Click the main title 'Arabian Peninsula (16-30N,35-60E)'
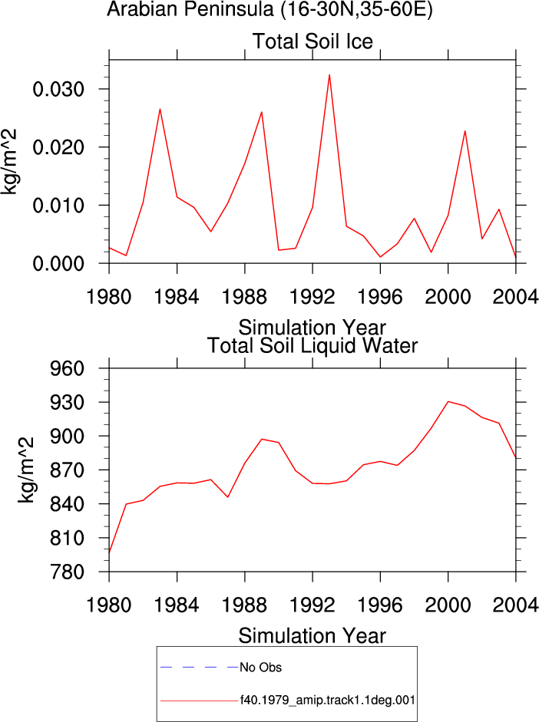pyautogui.click(x=270, y=9)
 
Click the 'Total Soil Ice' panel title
pyautogui.click(x=312, y=41)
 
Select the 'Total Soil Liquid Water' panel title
pyautogui.click(x=312, y=346)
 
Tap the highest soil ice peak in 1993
pyautogui.click(x=329, y=74)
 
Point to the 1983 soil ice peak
pyautogui.click(x=160, y=109)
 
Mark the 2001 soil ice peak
pyautogui.click(x=465, y=130)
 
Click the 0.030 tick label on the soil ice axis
pyautogui.click(x=58, y=89)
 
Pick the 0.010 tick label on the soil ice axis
pyautogui.click(x=58, y=206)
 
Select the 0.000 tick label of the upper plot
pyautogui.click(x=58, y=264)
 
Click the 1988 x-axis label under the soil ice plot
pyautogui.click(x=244, y=297)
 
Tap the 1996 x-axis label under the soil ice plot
pyautogui.click(x=380, y=297)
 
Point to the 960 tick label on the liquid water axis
pyautogui.click(x=68, y=368)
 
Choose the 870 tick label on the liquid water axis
pyautogui.click(x=68, y=470)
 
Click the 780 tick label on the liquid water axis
pyautogui.click(x=68, y=572)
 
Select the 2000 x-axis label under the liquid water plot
pyautogui.click(x=448, y=605)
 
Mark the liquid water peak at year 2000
pyautogui.click(x=448, y=401)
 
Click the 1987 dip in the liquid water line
pyautogui.click(x=227, y=497)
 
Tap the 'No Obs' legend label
pyautogui.click(x=261, y=668)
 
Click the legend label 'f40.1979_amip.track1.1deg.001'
pyautogui.click(x=328, y=701)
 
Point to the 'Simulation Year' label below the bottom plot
pyautogui.click(x=312, y=636)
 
